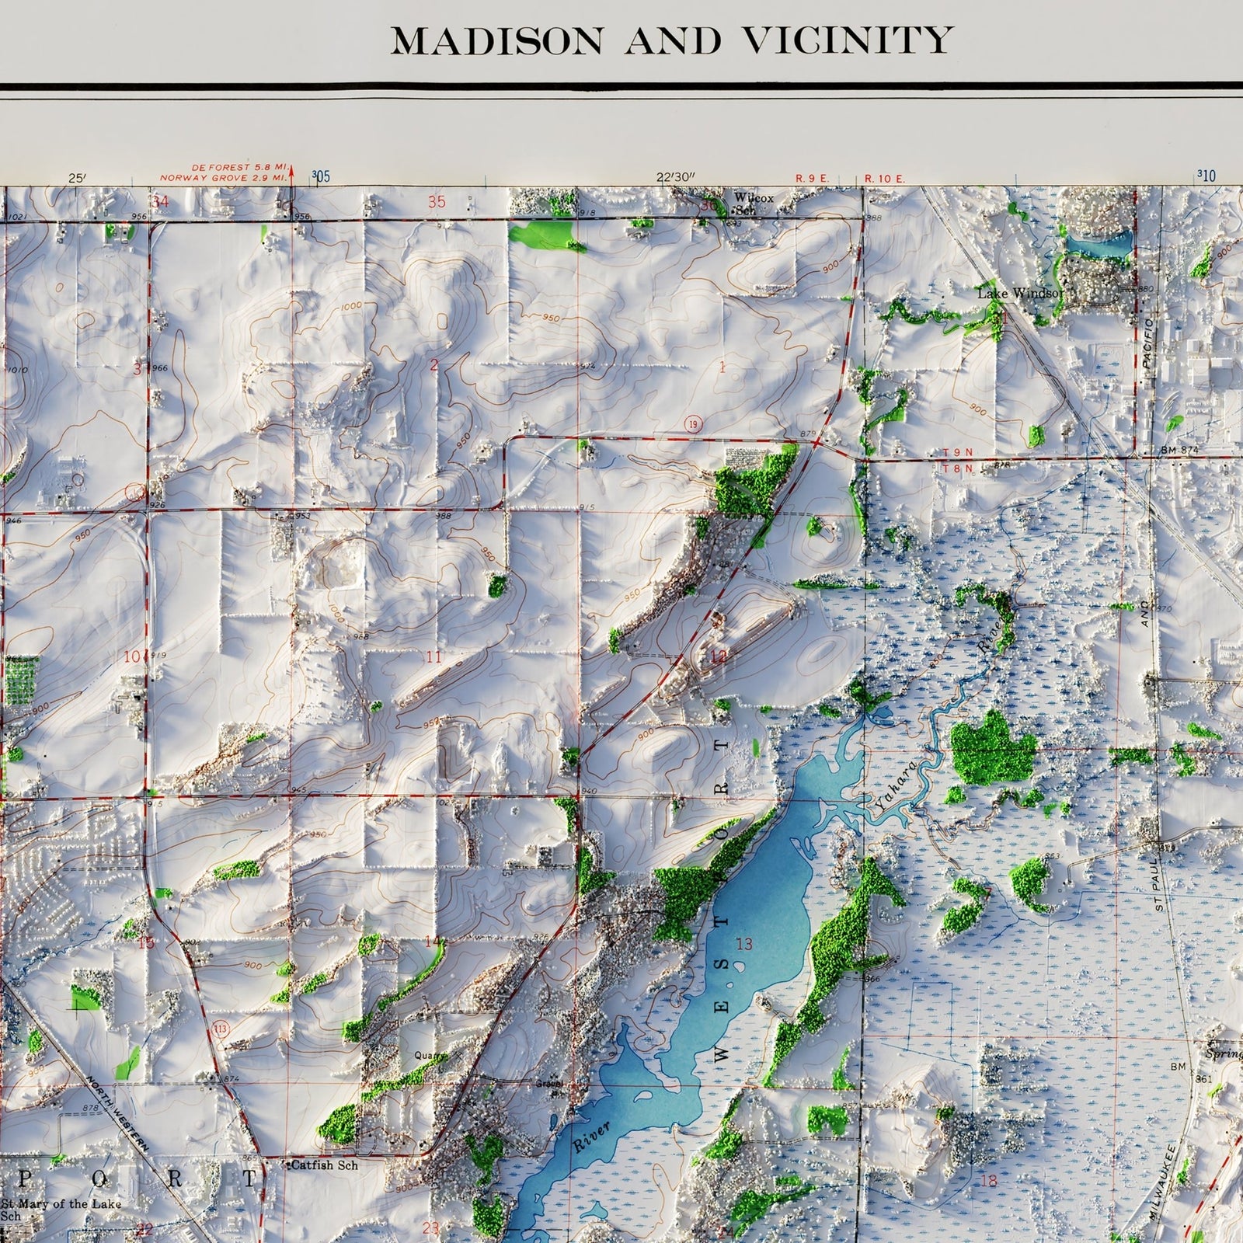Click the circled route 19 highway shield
(x=692, y=423)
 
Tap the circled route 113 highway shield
(x=222, y=1027)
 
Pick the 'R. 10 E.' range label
(x=885, y=179)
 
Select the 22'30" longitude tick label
(x=674, y=177)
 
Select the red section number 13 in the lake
(x=744, y=944)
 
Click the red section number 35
(x=437, y=202)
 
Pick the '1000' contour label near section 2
(x=351, y=306)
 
